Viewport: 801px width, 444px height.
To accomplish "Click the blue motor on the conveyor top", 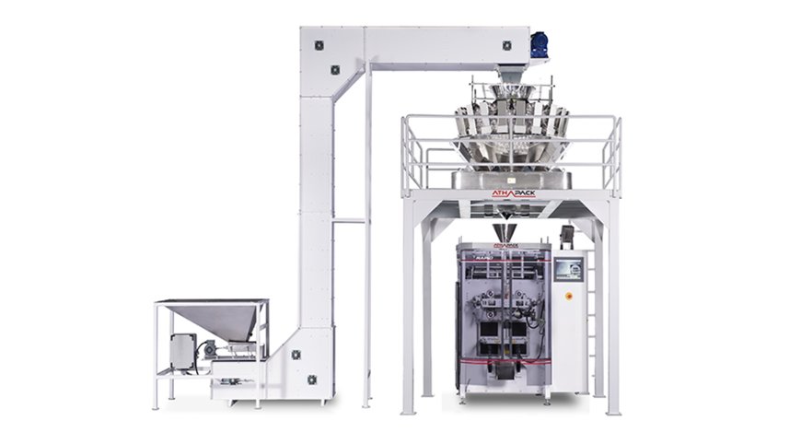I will click(539, 43).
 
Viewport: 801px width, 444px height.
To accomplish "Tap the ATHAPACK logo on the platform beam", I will click(513, 193).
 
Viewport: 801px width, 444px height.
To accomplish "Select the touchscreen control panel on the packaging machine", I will click(570, 269).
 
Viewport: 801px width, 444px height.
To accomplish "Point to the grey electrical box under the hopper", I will click(182, 351).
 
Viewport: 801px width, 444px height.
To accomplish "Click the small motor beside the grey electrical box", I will click(209, 348).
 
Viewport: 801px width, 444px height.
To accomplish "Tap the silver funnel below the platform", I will click(505, 230).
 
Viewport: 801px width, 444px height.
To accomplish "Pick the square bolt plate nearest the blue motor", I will click(506, 45).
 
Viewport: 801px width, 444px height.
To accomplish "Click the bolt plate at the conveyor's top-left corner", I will click(319, 44).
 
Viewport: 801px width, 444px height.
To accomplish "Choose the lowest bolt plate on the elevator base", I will click(311, 379).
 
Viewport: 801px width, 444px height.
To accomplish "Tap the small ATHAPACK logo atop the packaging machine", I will click(505, 246).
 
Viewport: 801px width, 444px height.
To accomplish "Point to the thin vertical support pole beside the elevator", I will click(366, 240).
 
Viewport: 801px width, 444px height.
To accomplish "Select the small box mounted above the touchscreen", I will click(567, 236).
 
